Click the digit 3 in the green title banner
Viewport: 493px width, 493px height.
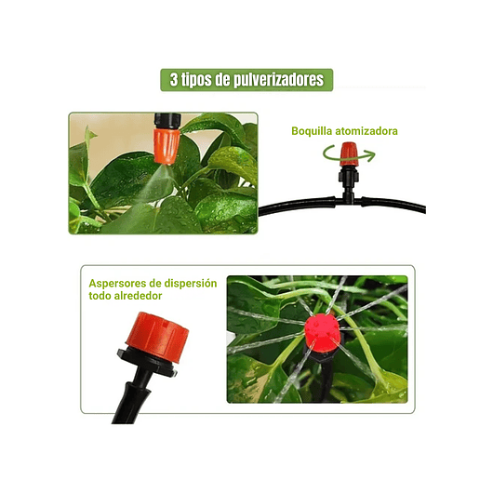pos(174,79)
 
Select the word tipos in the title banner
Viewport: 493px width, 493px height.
pos(196,80)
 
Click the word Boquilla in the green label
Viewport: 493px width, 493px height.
pos(312,131)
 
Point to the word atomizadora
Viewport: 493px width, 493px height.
pos(366,131)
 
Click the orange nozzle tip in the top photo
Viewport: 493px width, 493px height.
pos(167,146)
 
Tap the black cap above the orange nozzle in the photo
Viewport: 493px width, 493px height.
pos(167,120)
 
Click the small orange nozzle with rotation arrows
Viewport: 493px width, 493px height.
pos(349,154)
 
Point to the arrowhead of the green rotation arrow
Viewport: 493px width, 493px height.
pos(371,155)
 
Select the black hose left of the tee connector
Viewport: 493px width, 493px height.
pos(296,206)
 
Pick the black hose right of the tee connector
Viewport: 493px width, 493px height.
pos(393,205)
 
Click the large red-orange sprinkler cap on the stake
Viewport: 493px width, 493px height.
pos(157,337)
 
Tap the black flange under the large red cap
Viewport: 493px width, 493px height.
pos(147,362)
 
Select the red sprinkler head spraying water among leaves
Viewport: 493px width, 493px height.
pos(322,333)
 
